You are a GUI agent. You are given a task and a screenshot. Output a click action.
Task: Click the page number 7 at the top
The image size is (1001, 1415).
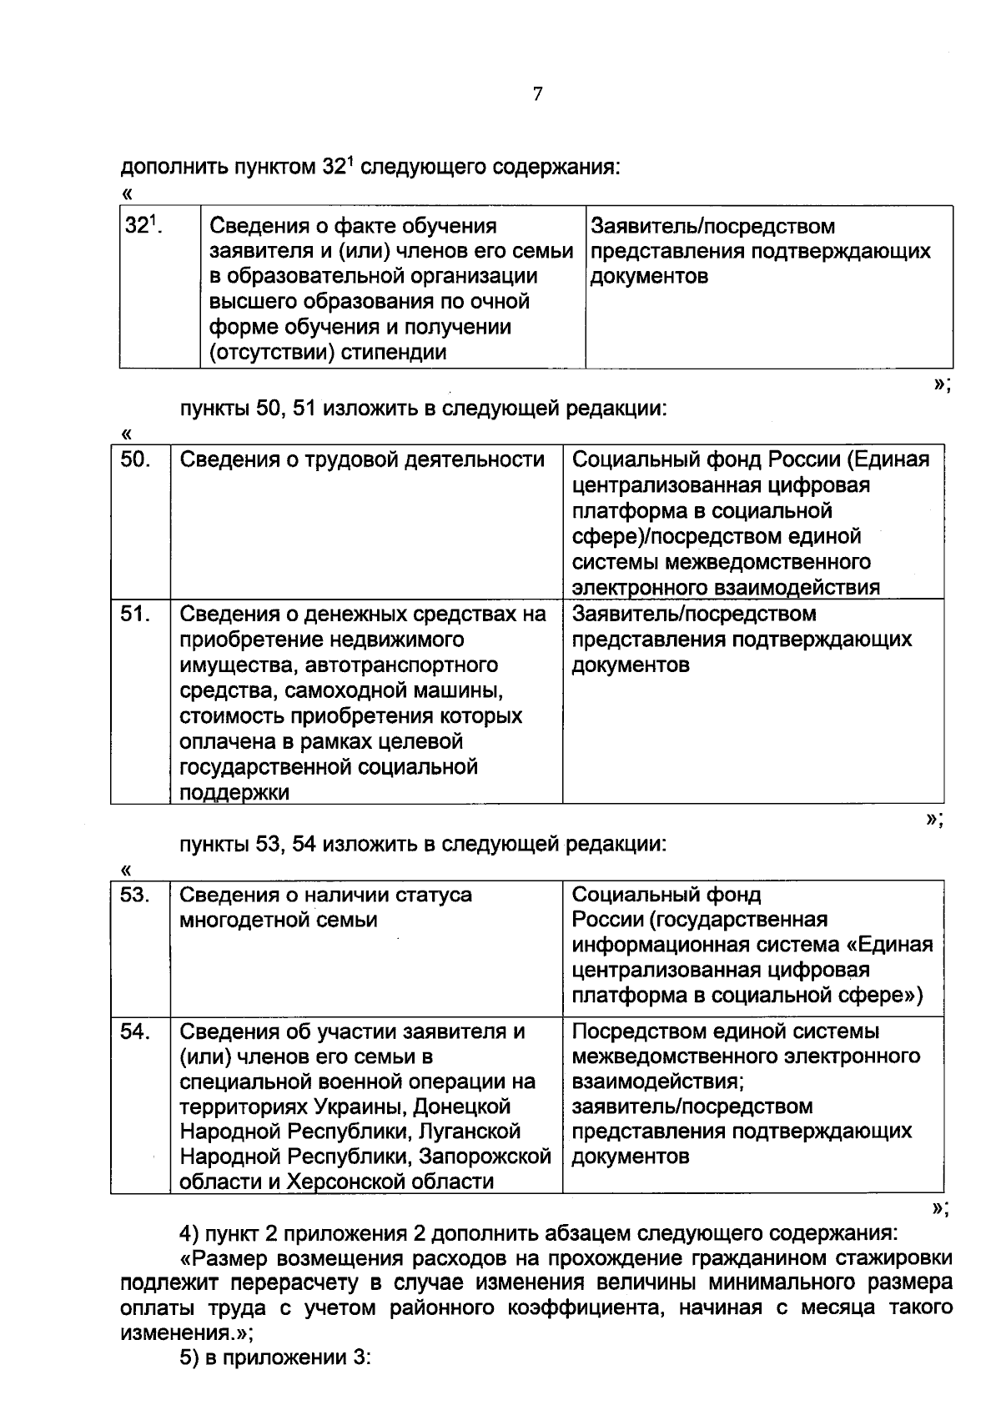click(x=537, y=94)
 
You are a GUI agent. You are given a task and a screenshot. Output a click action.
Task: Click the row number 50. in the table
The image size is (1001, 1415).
click(x=135, y=460)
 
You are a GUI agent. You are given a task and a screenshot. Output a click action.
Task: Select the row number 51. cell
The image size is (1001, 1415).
click(x=135, y=615)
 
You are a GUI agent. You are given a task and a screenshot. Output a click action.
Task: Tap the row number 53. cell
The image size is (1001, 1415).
click(x=135, y=895)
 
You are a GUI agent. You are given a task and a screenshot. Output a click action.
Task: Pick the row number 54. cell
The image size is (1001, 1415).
click(x=135, y=1031)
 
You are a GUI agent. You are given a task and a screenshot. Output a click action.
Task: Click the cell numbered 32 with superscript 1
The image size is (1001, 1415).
click(x=143, y=226)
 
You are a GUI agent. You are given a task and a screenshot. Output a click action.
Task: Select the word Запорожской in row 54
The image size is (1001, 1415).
click(x=485, y=1157)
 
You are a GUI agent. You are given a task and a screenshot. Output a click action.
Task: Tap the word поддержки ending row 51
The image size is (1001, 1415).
click(x=234, y=793)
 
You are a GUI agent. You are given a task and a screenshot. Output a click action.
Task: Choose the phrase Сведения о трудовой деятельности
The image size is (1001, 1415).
click(x=362, y=460)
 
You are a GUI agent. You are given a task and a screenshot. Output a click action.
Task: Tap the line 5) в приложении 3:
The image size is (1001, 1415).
click(x=275, y=1357)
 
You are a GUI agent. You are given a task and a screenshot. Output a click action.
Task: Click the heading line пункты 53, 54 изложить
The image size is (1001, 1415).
click(x=424, y=845)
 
